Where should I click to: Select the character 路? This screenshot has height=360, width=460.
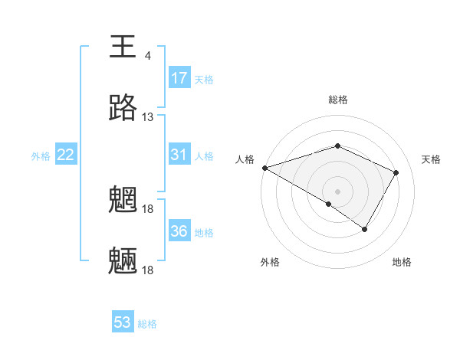[123, 109]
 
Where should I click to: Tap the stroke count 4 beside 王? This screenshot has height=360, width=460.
[147, 56]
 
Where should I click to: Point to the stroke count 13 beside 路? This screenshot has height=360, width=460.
[147, 117]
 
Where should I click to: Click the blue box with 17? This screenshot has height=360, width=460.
[179, 78]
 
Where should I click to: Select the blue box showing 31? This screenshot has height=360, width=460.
[179, 155]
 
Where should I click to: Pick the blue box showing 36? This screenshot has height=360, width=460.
[179, 231]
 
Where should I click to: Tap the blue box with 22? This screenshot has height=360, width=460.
[66, 155]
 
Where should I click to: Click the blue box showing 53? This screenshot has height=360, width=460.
[123, 322]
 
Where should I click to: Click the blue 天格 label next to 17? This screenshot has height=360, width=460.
[204, 79]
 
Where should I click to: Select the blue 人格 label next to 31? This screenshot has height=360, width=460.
[204, 155]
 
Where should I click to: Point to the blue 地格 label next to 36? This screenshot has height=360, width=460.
[204, 231]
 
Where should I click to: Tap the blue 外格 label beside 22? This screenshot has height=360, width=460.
[41, 155]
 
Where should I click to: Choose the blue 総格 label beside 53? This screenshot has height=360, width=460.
[147, 323]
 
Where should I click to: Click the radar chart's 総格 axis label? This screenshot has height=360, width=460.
[337, 100]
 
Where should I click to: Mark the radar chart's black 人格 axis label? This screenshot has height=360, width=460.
[245, 159]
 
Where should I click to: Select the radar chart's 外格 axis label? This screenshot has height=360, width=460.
[270, 262]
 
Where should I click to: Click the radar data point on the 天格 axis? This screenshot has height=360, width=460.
[396, 172]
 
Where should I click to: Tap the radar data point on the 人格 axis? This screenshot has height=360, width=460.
[264, 168]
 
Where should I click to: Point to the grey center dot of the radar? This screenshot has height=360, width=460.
[337, 191]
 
